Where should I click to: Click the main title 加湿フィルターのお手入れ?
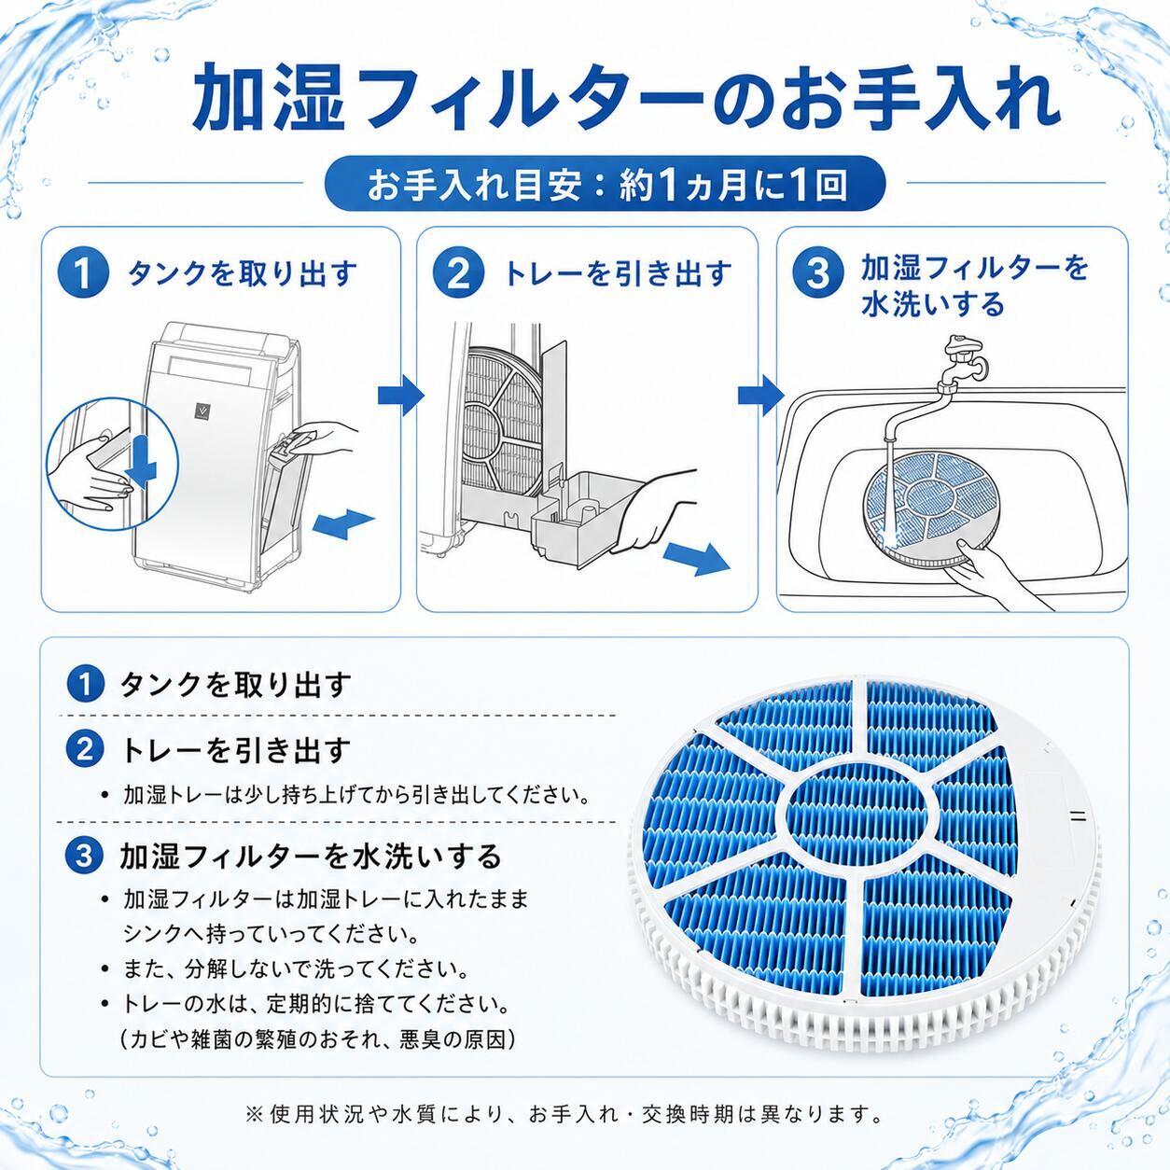[x=625, y=97]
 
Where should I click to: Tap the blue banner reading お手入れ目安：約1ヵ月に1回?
[x=606, y=184]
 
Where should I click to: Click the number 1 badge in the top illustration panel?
[x=84, y=273]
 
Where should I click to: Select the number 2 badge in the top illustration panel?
[x=458, y=273]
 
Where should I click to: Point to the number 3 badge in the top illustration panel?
[x=818, y=273]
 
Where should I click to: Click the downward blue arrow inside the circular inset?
[x=144, y=462]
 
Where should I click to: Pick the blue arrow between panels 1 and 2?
[x=400, y=396]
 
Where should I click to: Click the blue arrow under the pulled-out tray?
[x=696, y=558]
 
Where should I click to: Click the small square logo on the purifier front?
[x=201, y=411]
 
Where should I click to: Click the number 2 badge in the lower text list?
[x=84, y=750]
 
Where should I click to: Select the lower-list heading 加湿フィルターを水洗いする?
[x=312, y=857]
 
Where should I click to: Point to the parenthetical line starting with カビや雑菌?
[x=318, y=1040]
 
